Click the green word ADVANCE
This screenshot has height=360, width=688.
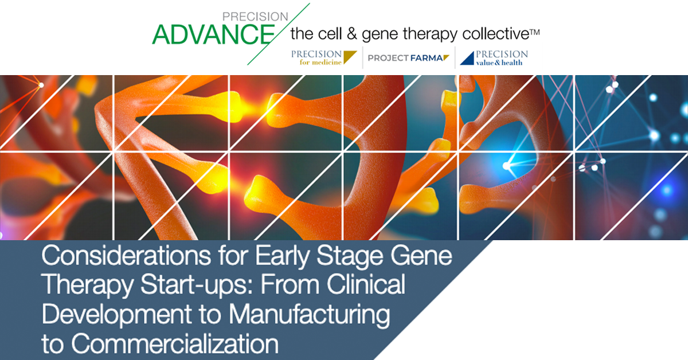point(213,34)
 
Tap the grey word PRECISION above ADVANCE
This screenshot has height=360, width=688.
point(255,17)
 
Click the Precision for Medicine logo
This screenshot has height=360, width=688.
point(324,58)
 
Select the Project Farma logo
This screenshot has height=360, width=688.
point(408,58)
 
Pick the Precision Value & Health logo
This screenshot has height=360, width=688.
point(494,58)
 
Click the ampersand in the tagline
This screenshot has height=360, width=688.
point(351,33)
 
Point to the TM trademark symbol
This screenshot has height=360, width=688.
point(534,32)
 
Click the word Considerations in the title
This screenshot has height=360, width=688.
point(126,256)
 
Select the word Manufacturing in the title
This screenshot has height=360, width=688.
point(309,315)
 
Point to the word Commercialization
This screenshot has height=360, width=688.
point(175,344)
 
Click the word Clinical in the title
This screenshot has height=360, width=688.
point(366,284)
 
